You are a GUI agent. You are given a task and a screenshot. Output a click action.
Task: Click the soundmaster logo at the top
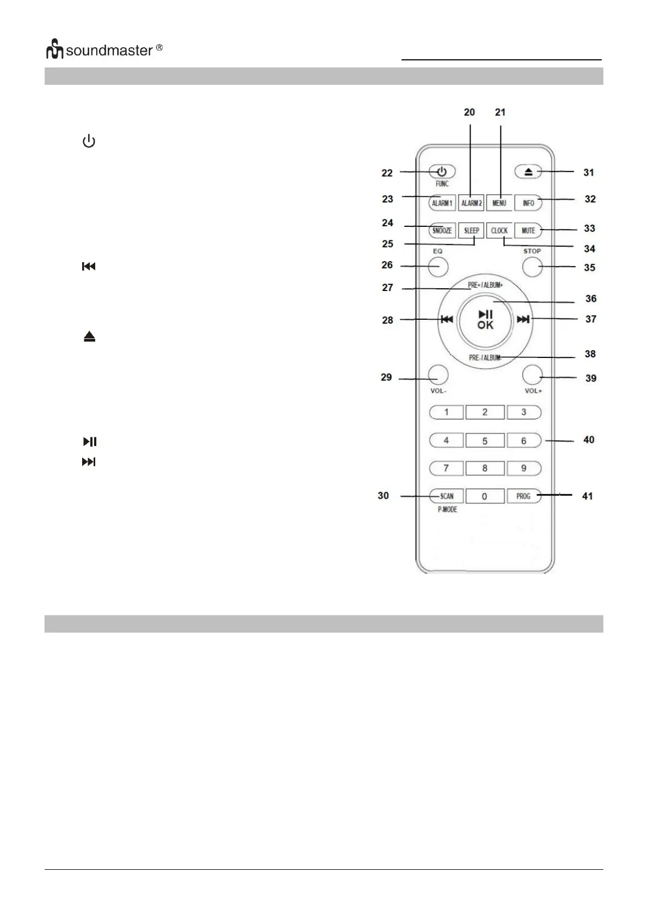tap(104, 50)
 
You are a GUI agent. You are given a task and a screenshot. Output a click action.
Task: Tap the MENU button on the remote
tap(499, 203)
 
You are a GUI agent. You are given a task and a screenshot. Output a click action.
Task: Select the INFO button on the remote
tap(528, 203)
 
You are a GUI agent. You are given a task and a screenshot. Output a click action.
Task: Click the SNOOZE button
tap(442, 231)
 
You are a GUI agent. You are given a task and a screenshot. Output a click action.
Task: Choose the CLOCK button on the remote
tap(499, 231)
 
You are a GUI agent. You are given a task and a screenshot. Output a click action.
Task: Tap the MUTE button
tap(528, 231)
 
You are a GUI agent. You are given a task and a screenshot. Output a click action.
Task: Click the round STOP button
tap(532, 267)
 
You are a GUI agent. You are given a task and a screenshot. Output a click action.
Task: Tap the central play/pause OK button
tap(485, 320)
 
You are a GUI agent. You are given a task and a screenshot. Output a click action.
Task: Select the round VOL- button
tap(438, 375)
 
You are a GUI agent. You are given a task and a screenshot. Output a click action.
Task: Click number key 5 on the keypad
tap(485, 441)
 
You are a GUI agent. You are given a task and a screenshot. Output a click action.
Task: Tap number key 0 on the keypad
tap(485, 496)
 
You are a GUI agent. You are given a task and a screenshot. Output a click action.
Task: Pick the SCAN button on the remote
tap(447, 496)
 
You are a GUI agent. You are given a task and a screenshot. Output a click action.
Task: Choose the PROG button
tap(523, 496)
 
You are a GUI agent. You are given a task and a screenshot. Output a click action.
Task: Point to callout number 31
tap(588, 172)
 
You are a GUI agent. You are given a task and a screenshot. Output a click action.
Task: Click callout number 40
tap(589, 440)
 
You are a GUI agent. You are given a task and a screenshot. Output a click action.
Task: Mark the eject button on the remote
tap(528, 172)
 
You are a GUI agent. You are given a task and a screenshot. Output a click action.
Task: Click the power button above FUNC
tap(442, 171)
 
